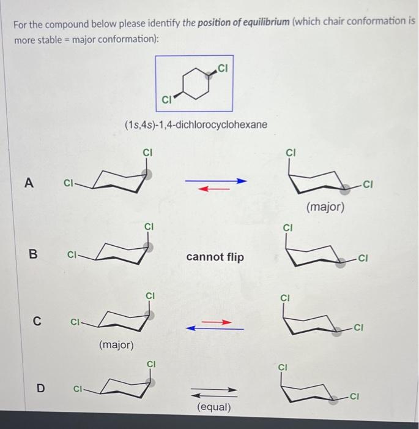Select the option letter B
28,252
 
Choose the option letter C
37,320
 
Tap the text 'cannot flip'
214,257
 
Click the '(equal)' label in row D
214,407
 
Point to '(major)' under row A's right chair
325,208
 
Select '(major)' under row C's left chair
116,345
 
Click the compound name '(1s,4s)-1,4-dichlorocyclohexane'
196,124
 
